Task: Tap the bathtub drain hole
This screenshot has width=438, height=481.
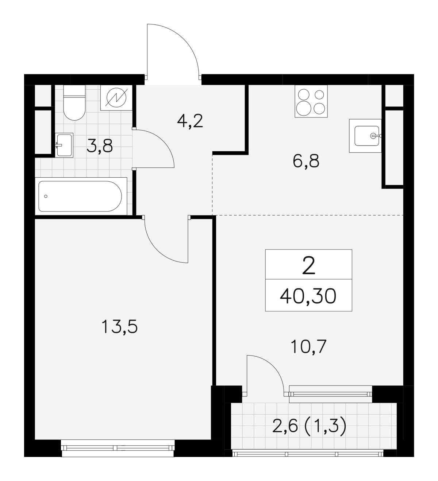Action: (46, 197)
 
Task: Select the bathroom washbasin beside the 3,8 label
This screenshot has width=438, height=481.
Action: (64, 145)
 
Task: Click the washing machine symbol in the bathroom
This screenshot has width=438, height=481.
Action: (116, 98)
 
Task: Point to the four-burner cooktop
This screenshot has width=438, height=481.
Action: (311, 101)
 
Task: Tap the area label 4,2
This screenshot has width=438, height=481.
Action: (190, 121)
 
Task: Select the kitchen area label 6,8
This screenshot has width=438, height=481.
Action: (306, 161)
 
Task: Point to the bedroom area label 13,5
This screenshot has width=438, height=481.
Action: (120, 327)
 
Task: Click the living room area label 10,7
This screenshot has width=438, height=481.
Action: (309, 347)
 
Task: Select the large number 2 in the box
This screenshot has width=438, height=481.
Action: (309, 265)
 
